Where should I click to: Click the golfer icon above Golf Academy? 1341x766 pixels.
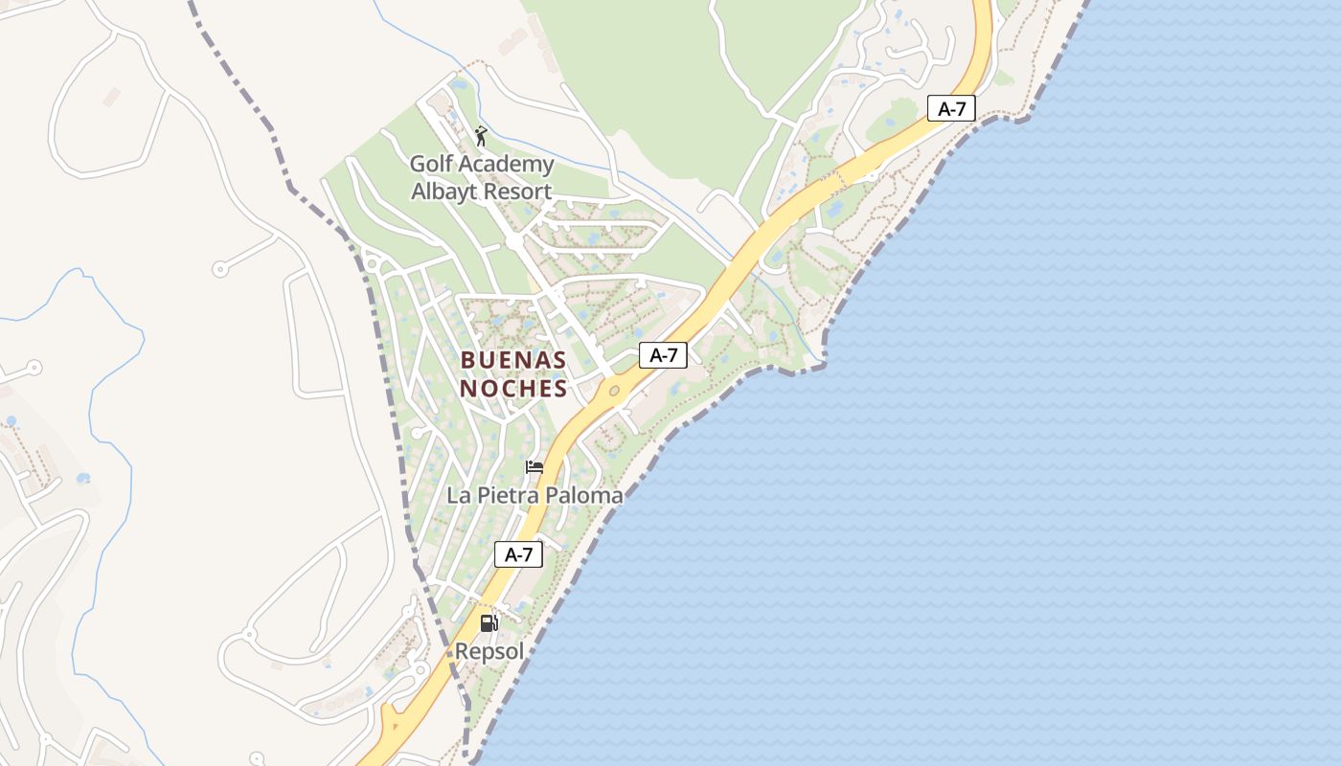[481, 136]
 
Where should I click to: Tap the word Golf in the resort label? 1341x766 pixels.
[430, 164]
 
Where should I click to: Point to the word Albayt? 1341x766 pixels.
[445, 191]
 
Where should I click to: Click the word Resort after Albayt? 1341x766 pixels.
[517, 191]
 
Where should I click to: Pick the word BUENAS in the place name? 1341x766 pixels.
[513, 360]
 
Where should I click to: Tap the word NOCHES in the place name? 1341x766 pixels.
[513, 388]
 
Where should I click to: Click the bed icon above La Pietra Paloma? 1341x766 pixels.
[534, 467]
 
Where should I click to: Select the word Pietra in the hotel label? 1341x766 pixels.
[509, 495]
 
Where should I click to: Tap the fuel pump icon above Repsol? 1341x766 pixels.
[489, 623]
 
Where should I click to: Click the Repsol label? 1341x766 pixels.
[489, 651]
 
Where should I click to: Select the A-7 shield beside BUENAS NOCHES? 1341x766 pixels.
[663, 355]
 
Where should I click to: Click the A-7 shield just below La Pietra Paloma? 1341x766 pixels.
[518, 554]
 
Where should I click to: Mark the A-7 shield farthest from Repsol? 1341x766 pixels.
[951, 108]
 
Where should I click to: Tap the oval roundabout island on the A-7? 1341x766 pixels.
[614, 391]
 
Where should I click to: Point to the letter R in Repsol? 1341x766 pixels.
[462, 651]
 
